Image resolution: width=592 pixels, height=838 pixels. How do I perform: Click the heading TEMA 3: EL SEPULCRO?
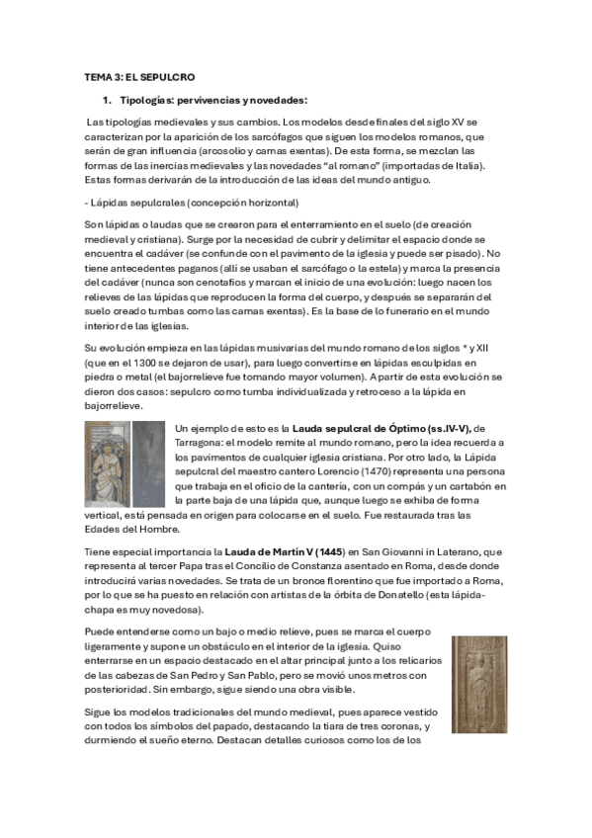click(x=138, y=76)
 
